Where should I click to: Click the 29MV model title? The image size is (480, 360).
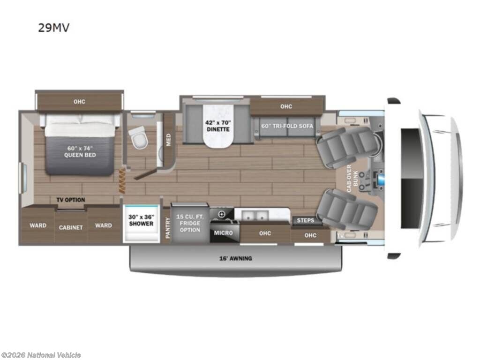pos(53,28)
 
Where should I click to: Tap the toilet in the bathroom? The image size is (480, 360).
pos(138,137)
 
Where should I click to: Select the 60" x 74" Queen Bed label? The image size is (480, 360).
pos(80,151)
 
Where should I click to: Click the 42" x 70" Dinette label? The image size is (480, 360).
pos(218,126)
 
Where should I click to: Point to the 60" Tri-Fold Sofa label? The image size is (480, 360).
pos(287,126)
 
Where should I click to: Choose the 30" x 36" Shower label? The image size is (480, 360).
pos(141,220)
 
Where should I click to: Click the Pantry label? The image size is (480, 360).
pos(167,228)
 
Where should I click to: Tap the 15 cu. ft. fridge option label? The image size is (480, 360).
pos(190,223)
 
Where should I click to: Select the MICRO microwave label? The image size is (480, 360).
pos(223,233)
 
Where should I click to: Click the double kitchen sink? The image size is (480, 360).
pos(255,215)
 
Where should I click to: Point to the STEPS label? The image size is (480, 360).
pos(305,220)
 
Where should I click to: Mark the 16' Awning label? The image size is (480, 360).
pos(235,258)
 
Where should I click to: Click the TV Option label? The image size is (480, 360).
pos(71,200)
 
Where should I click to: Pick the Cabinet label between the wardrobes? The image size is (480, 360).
pos(71,227)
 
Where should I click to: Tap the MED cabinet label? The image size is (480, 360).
pos(168,140)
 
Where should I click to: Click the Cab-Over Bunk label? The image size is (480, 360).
pos(352,179)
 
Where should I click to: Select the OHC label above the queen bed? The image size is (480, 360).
pos(79,102)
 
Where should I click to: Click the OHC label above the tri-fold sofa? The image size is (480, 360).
pos(286,106)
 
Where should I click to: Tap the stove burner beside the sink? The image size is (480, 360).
pos(222,214)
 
